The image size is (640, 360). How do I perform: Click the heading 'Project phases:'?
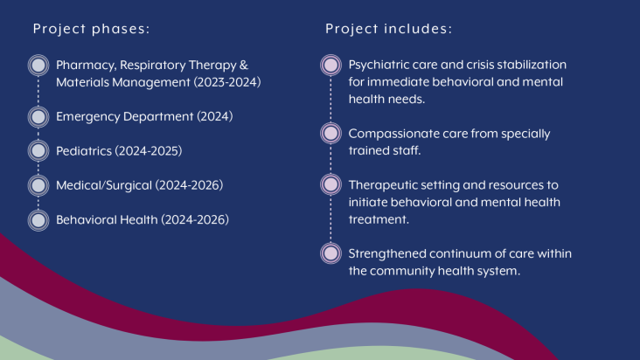point(92,29)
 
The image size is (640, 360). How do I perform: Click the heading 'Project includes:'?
point(388,29)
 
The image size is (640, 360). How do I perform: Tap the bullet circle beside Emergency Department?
point(38,117)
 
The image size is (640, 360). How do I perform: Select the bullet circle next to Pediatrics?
point(38,151)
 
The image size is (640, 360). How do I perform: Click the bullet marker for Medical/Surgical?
point(38,185)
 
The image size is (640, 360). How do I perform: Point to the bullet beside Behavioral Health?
point(38,220)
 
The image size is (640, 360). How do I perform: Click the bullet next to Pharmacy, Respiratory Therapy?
point(38,66)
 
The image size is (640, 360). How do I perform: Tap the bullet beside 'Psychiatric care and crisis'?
point(330,65)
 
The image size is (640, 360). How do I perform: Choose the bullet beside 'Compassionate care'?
point(330,133)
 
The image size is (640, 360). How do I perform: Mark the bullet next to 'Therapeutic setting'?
point(330,184)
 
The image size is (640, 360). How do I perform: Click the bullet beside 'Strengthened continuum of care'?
point(330,253)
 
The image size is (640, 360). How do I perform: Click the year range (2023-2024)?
point(227,82)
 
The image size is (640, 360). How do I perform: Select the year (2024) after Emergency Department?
point(215,116)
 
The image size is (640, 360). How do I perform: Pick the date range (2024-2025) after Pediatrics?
point(149,151)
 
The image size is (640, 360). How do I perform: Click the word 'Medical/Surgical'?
point(104,186)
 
